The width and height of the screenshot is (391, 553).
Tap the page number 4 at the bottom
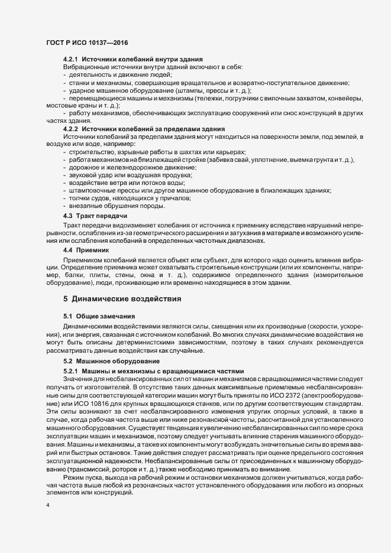pos(48,505)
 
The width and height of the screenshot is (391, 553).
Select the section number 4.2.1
pos(70,60)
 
